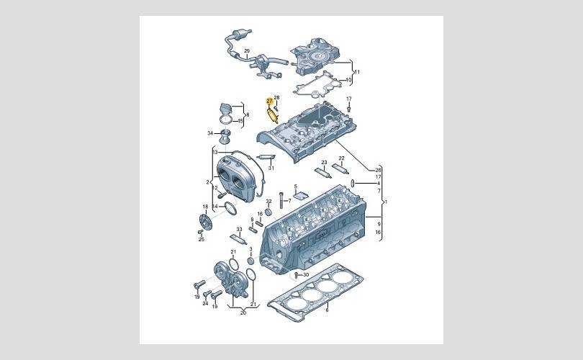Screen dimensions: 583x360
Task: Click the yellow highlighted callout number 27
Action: (270, 101)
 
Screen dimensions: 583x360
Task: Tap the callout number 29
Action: (247, 51)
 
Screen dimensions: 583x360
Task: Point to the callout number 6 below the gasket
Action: (327, 310)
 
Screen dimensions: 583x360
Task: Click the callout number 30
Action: (306, 275)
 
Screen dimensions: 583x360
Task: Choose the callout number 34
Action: (210, 133)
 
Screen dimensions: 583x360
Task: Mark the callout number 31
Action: (271, 168)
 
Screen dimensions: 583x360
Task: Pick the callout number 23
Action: (324, 163)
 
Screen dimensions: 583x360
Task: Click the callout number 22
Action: (342, 158)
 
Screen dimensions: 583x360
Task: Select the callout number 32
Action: (268, 201)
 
